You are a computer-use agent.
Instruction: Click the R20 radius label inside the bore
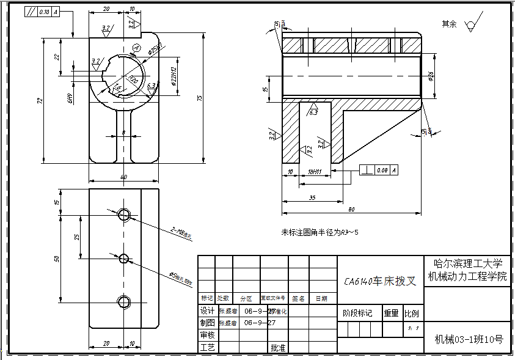coord(132,78)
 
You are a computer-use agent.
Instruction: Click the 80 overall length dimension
coord(351,210)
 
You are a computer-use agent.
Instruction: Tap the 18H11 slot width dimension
coord(315,173)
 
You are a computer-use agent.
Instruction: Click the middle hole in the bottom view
coord(124,258)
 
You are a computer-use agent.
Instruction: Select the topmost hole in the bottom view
coord(124,215)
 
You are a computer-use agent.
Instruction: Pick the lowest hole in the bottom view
coord(124,301)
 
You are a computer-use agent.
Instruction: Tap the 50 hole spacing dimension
coord(57,258)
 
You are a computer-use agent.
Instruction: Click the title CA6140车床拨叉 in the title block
coord(379,281)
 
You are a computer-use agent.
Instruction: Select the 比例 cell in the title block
coord(412,314)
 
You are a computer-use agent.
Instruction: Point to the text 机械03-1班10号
coord(468,339)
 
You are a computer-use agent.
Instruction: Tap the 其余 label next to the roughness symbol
coord(449,23)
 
